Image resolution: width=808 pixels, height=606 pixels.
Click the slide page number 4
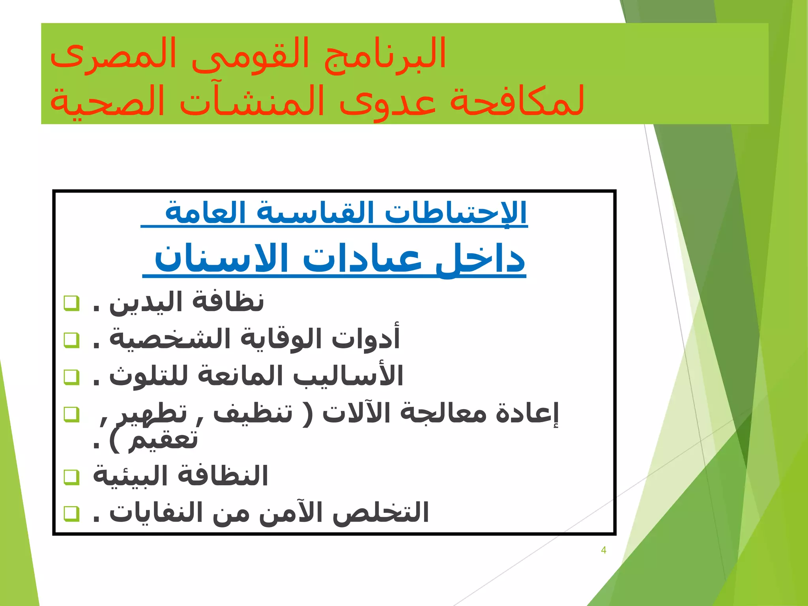pyautogui.click(x=603, y=550)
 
